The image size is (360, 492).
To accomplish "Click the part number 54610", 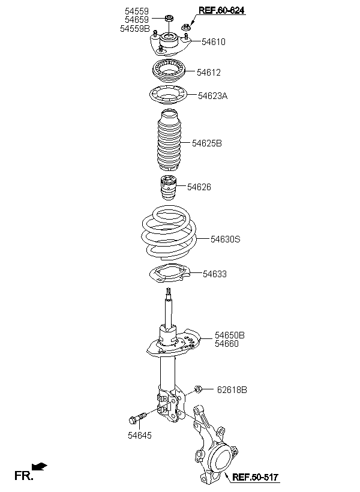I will click(214, 42).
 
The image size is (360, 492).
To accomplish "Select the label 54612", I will click(209, 73).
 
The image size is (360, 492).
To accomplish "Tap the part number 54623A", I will click(213, 95).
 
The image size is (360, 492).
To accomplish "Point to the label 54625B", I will click(207, 143).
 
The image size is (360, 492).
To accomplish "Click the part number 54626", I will click(199, 187).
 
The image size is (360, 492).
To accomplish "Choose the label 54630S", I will click(225, 239).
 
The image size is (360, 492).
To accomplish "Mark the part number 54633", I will click(215, 274).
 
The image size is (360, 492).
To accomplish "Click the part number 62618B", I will click(231, 390).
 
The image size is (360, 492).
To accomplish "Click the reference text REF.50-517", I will click(256, 478).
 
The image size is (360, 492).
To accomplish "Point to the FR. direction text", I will click(24, 476).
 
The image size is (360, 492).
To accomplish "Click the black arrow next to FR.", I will click(40, 466).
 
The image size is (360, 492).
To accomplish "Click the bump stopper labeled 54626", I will click(167, 190).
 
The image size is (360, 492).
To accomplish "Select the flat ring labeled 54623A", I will click(167, 95).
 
